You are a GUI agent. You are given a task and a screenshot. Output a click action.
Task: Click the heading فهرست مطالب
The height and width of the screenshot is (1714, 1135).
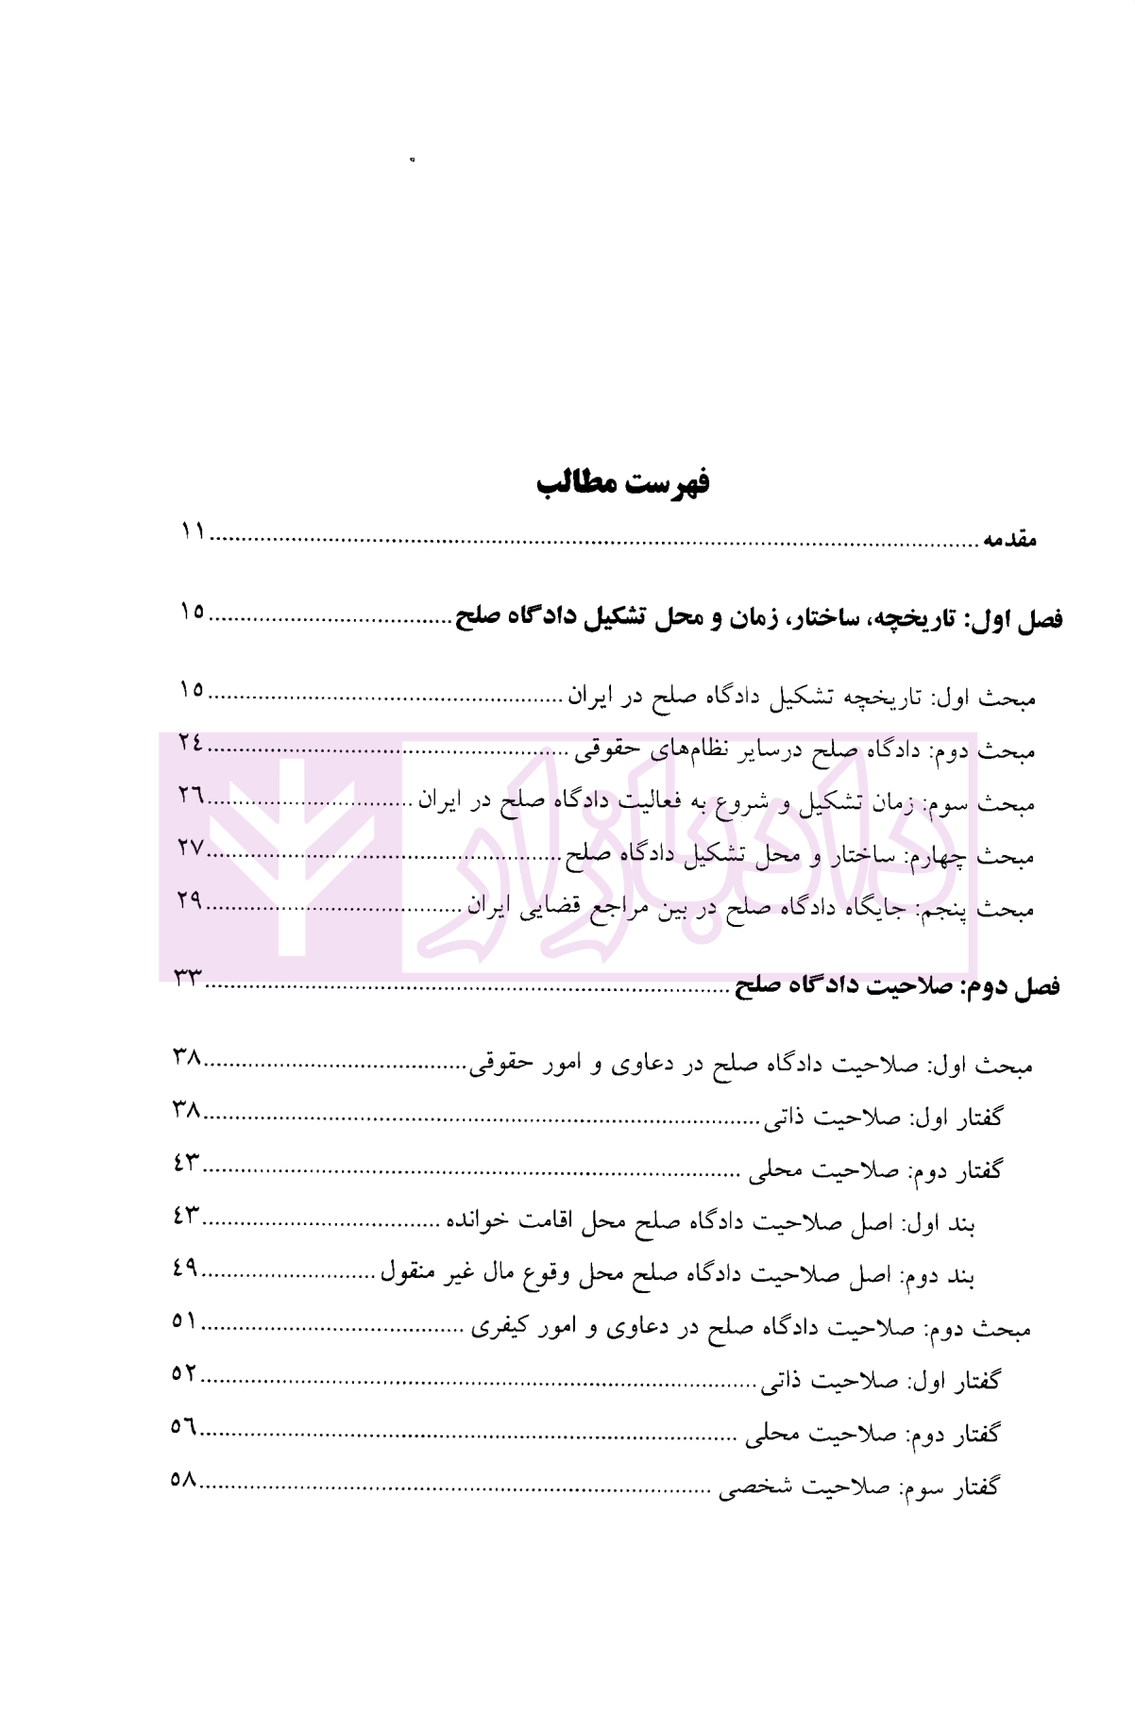coord(623,482)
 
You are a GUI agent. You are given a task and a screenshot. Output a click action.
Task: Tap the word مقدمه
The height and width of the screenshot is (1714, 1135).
coord(1009,540)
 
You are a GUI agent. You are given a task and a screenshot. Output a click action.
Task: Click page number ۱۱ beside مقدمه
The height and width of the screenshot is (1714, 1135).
coord(194,531)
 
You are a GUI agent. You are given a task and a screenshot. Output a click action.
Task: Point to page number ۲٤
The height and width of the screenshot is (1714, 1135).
coord(191,743)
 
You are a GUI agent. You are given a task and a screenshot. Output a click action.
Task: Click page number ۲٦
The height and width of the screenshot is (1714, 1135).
coord(191,796)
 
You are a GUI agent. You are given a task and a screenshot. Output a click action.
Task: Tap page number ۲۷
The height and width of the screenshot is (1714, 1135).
coord(191,848)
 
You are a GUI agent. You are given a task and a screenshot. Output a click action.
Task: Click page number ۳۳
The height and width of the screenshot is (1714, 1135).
coord(189,978)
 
